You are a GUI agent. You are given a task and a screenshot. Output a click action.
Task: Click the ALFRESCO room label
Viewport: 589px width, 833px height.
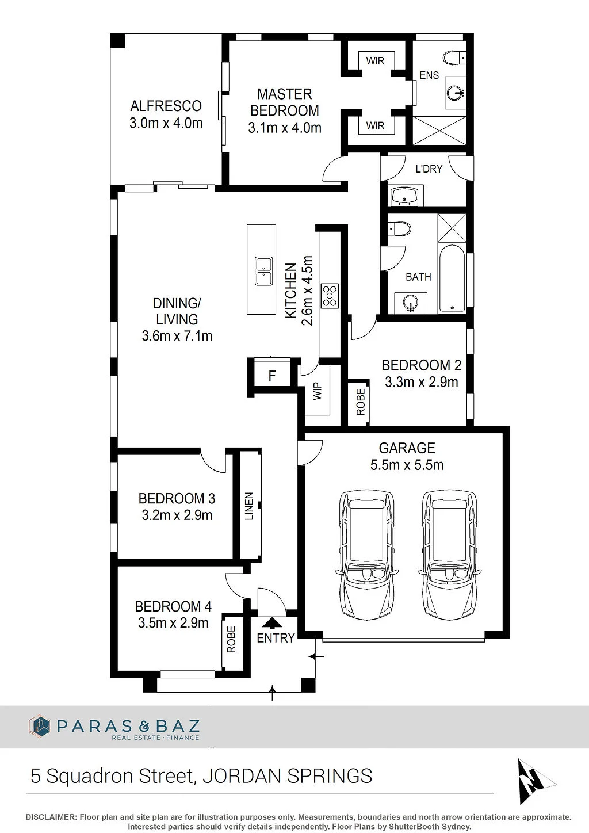point(166,106)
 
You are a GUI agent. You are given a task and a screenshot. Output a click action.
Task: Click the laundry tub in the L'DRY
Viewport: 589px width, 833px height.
point(406,195)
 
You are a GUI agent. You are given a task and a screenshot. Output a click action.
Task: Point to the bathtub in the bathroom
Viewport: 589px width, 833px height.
point(452,278)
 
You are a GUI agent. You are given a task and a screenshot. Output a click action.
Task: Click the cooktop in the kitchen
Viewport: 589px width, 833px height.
point(330,296)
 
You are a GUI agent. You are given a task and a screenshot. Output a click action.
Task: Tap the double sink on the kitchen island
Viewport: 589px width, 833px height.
point(263,271)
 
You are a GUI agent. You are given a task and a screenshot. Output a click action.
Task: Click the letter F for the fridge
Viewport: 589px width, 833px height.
point(272,376)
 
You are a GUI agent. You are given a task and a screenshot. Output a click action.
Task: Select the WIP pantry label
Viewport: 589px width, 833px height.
point(317,391)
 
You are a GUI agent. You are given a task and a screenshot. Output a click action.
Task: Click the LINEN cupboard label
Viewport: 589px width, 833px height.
point(249,506)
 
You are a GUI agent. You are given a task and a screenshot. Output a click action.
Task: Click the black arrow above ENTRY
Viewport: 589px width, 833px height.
point(273,623)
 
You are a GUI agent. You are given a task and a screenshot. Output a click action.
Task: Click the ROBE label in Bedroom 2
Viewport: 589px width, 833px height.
point(360,402)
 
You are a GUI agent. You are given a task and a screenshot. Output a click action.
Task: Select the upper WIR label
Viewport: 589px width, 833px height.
point(375,60)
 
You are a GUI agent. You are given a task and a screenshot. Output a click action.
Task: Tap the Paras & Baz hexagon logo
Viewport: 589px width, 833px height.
point(39,725)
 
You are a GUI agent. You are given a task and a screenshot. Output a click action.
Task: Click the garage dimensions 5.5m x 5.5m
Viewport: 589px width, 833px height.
point(407,465)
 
